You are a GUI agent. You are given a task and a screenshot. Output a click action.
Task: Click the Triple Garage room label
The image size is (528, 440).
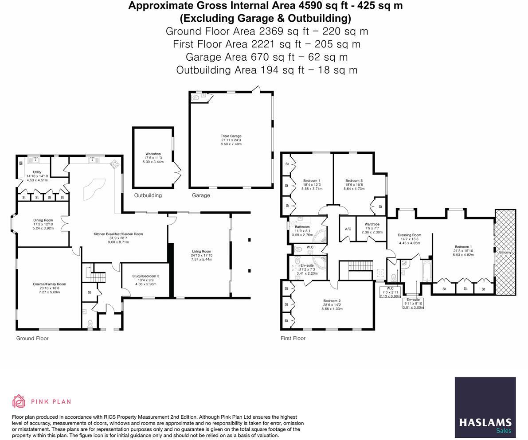[x=231, y=136]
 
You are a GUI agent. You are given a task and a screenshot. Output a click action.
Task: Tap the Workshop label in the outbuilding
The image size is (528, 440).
[x=153, y=154]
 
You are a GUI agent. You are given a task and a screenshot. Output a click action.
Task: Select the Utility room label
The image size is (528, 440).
[x=37, y=172]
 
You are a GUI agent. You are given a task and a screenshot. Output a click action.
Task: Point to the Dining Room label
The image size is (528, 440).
[x=43, y=220]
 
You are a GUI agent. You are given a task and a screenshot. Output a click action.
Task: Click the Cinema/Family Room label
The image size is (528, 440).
[x=49, y=284]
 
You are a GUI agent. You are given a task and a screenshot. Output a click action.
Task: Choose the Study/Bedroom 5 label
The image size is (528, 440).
[x=146, y=276]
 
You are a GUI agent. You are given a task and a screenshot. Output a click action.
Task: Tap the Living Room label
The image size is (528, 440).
[x=202, y=251]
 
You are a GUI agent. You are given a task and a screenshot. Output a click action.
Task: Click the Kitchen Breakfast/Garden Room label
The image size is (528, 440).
[x=118, y=234]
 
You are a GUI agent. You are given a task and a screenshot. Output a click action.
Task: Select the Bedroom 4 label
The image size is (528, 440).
[x=312, y=181]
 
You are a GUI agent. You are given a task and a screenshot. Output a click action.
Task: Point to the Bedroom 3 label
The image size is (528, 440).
[x=354, y=181]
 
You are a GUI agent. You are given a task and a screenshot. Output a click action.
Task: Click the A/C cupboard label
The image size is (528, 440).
[x=348, y=229]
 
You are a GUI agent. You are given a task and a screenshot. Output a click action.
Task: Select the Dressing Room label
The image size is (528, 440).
[x=409, y=235]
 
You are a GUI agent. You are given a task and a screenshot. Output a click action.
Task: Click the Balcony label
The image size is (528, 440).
[x=505, y=252]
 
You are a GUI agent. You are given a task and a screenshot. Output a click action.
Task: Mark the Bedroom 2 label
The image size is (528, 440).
[x=332, y=301]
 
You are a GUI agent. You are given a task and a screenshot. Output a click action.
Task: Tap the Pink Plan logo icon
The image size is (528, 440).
[x=19, y=401]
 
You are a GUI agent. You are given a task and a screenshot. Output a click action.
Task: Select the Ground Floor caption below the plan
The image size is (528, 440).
[x=32, y=339]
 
